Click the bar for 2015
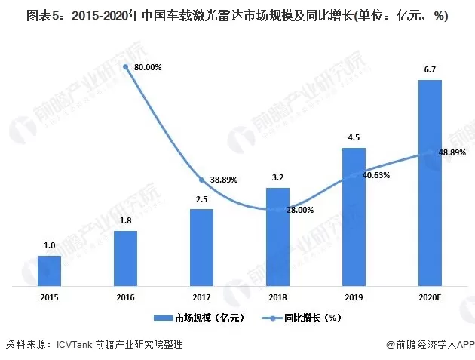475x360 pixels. point(49,270)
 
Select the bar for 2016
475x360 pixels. point(125,258)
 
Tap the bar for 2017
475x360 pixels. point(201,248)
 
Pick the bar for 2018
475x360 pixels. point(277,237)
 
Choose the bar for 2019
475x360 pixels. point(354,217)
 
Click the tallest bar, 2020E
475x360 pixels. point(430,183)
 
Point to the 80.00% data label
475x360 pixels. point(148,67)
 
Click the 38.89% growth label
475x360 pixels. point(223,180)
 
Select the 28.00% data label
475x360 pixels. point(299,211)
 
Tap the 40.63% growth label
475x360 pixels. point(375,175)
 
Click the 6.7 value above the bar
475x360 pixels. point(430,70)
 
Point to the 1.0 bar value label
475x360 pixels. point(49,246)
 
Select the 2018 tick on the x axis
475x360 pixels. point(277,297)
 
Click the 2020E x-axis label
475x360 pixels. point(430,297)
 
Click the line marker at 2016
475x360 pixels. point(125,66)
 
